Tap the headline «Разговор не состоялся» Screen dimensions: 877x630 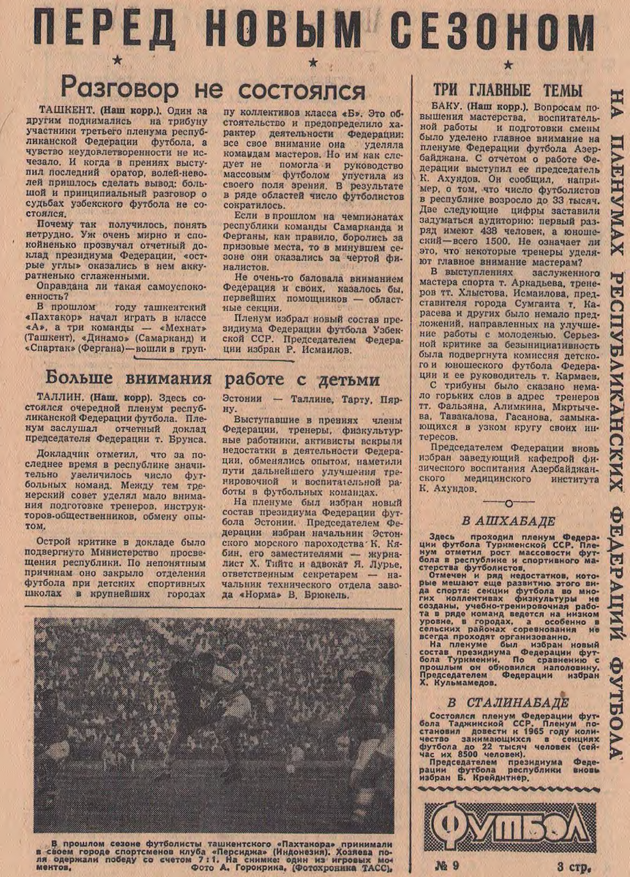tap(212, 89)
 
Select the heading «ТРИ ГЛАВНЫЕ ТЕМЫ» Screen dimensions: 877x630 tap(508, 91)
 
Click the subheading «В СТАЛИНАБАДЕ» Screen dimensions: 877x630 tap(508, 703)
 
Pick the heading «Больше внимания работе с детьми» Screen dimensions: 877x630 tap(212, 379)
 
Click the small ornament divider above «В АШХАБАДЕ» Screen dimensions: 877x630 tap(508, 503)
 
